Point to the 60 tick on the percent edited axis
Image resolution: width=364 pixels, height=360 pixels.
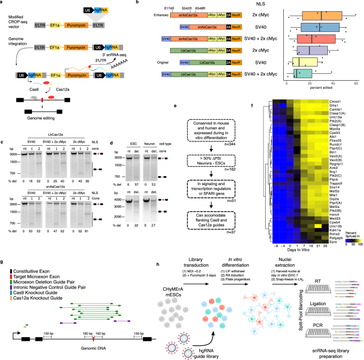click(x=355, y=83)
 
